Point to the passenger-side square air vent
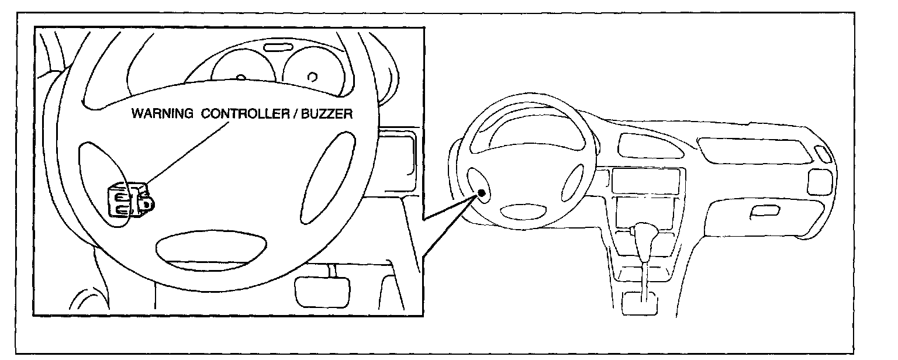click(x=816, y=182)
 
